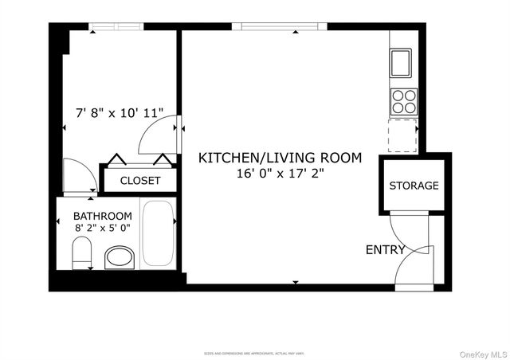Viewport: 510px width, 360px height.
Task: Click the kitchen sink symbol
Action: pyautogui.click(x=401, y=61)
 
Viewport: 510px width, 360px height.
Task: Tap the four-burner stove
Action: pyautogui.click(x=404, y=101)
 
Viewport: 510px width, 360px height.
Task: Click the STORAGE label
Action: pyautogui.click(x=414, y=186)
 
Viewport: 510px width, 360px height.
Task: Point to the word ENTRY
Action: pyautogui.click(x=385, y=250)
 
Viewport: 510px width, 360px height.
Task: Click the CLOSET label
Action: pyautogui.click(x=140, y=181)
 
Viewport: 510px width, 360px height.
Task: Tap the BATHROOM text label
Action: pyautogui.click(x=103, y=216)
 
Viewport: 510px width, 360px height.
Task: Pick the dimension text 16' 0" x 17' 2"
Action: pyautogui.click(x=279, y=173)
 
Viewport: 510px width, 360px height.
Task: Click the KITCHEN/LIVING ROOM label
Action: pyautogui.click(x=279, y=158)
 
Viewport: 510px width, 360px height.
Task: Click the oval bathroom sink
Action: pyautogui.click(x=120, y=258)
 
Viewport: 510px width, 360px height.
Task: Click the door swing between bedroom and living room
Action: pyautogui.click(x=160, y=135)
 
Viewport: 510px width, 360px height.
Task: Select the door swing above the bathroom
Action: pyautogui.click(x=79, y=176)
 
